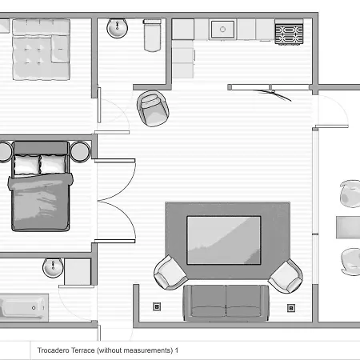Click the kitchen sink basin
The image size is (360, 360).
point(222,29)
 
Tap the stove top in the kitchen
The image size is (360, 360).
point(289,34)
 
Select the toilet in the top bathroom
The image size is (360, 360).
point(152,35)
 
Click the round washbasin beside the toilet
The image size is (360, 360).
point(117,28)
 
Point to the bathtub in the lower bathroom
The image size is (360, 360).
point(24,307)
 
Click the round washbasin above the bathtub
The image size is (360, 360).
point(53,267)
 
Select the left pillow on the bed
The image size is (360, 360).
point(26,165)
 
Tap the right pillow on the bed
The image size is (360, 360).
point(53,164)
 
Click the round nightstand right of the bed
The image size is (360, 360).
point(80,152)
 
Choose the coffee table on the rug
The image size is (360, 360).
point(224,240)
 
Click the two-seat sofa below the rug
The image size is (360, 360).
point(226,303)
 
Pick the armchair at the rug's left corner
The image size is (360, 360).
point(170,273)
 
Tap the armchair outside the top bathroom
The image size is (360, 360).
point(153,108)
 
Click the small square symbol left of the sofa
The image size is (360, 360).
point(157,306)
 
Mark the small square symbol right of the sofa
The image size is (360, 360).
point(291,308)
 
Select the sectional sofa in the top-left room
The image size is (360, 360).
point(42,50)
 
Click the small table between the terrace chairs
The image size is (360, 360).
point(348,227)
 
